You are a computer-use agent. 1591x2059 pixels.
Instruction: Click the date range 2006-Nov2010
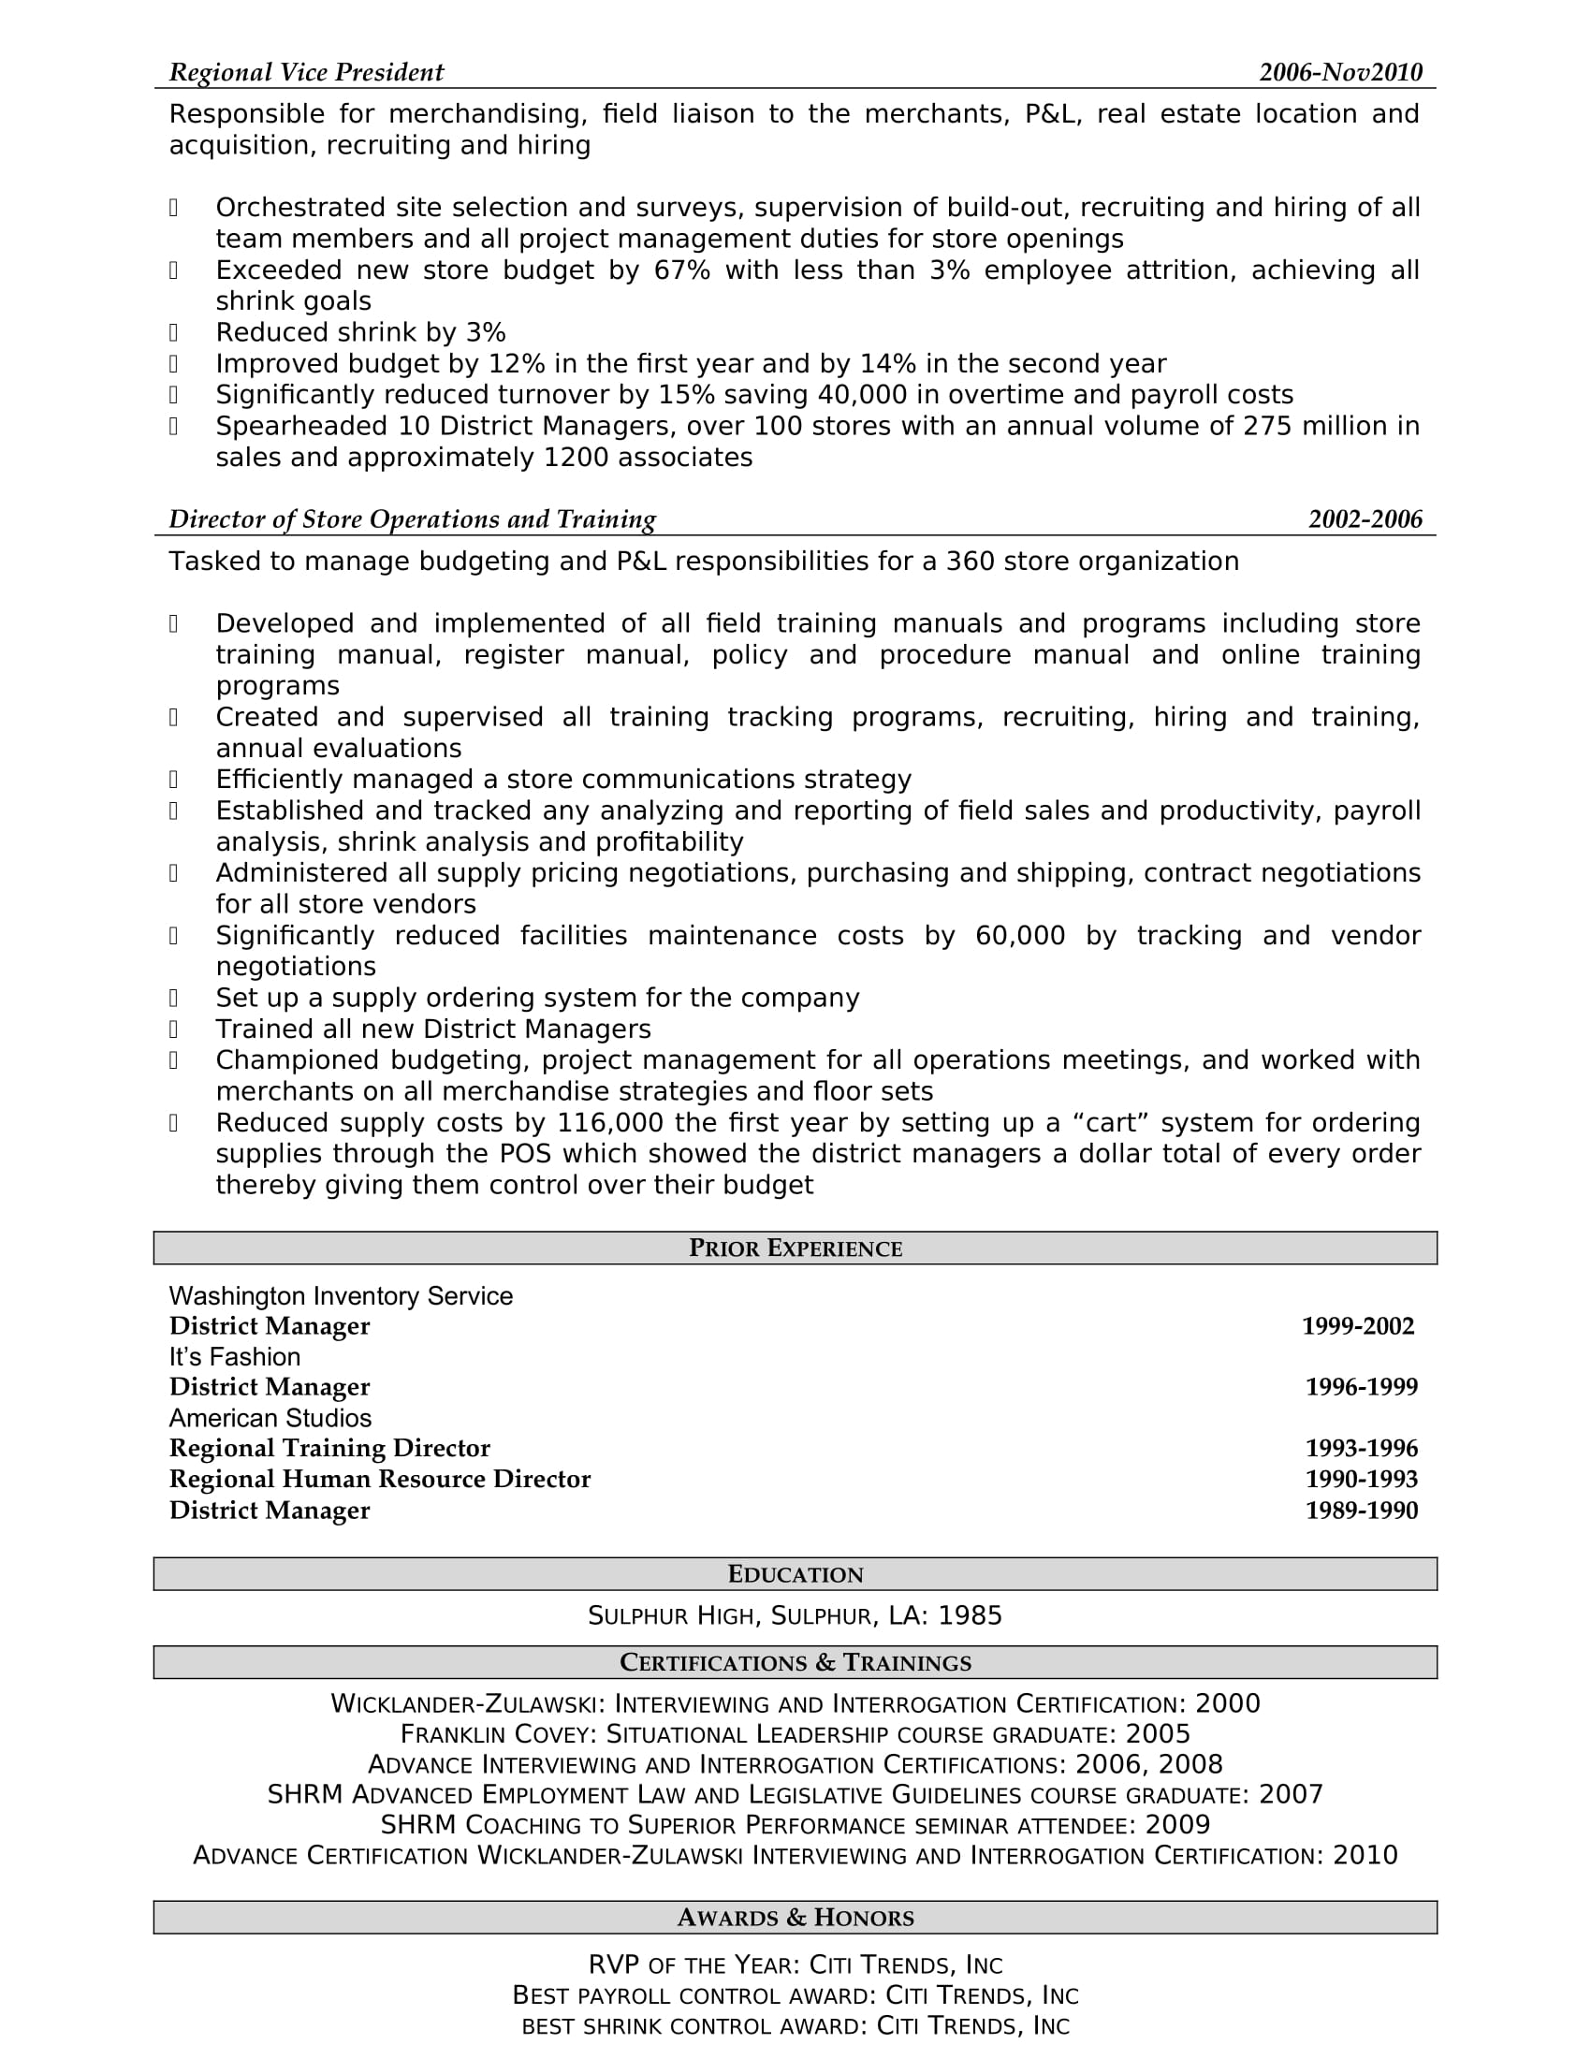(1340, 73)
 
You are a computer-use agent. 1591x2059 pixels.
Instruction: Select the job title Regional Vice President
(306, 73)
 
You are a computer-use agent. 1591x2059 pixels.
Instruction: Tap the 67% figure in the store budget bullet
(681, 270)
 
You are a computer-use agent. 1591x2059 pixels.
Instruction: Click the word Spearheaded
(301, 426)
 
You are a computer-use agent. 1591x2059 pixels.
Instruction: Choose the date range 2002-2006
(1365, 519)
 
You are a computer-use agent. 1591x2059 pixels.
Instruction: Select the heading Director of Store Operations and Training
(412, 519)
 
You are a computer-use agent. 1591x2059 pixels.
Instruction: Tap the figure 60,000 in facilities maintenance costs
(1020, 936)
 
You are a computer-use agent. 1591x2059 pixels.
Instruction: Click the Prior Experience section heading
(795, 1249)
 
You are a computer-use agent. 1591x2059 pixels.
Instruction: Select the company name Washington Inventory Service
(341, 1296)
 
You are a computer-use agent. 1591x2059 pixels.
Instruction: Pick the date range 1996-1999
(1361, 1387)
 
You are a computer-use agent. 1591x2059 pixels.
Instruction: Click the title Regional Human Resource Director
(380, 1479)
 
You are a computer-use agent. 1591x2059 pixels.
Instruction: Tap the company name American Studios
(270, 1418)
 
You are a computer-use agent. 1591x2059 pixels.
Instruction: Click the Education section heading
(795, 1574)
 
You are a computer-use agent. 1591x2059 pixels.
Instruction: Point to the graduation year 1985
(970, 1616)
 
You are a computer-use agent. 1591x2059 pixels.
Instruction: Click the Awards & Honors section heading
(795, 1918)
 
